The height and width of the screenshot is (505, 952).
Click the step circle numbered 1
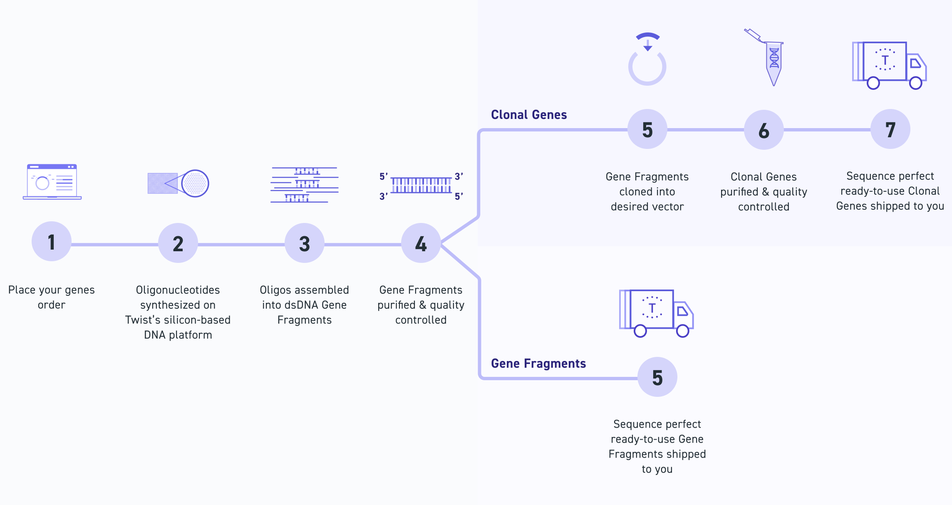52,242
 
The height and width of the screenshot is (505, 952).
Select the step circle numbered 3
305,243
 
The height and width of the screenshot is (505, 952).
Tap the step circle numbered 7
890,129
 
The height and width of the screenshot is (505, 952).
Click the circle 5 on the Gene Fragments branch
657,377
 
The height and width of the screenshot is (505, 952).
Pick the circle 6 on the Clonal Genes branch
764,130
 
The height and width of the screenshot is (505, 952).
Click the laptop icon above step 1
52,182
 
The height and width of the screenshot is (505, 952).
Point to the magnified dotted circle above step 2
195,183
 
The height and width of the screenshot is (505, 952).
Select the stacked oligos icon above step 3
305,185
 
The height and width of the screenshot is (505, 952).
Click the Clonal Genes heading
529,115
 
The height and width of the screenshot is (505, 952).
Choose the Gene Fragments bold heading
538,364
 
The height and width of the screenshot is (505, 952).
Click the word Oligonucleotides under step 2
178,290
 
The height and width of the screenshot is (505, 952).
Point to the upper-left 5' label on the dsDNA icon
383,176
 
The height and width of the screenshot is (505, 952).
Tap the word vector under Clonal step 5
668,207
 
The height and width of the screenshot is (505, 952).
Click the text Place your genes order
52,297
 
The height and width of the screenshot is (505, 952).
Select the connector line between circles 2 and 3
241,245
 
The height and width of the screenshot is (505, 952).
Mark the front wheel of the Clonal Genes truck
915,83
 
